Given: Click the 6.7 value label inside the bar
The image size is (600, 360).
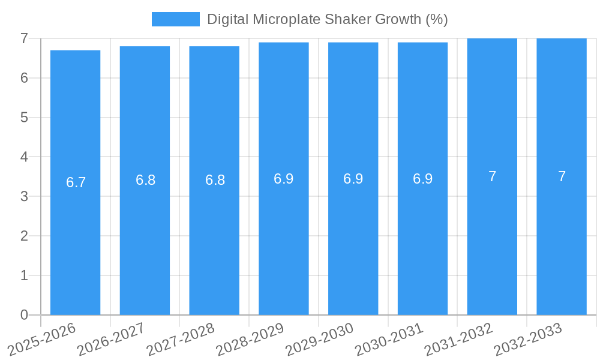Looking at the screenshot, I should pyautogui.click(x=76, y=182).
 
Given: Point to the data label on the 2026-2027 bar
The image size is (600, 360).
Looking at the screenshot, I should pyautogui.click(x=145, y=180).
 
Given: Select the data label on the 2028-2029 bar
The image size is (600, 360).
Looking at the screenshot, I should pyautogui.click(x=284, y=179).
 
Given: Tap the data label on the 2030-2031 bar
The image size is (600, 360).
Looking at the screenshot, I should pyautogui.click(x=422, y=179).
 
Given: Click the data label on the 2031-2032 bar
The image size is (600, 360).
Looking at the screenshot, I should pyautogui.click(x=492, y=176).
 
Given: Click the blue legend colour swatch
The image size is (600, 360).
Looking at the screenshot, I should pyautogui.click(x=175, y=19).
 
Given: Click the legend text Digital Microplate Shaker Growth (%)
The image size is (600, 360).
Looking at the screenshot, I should pyautogui.click(x=328, y=19).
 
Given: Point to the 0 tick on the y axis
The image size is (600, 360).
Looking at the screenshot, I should pyautogui.click(x=24, y=315).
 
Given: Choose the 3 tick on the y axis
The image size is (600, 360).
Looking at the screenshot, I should pyautogui.click(x=24, y=196).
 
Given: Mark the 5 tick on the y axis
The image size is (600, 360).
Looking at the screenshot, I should pyautogui.click(x=24, y=118).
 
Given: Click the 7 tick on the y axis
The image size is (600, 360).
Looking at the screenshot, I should pyautogui.click(x=24, y=38).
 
